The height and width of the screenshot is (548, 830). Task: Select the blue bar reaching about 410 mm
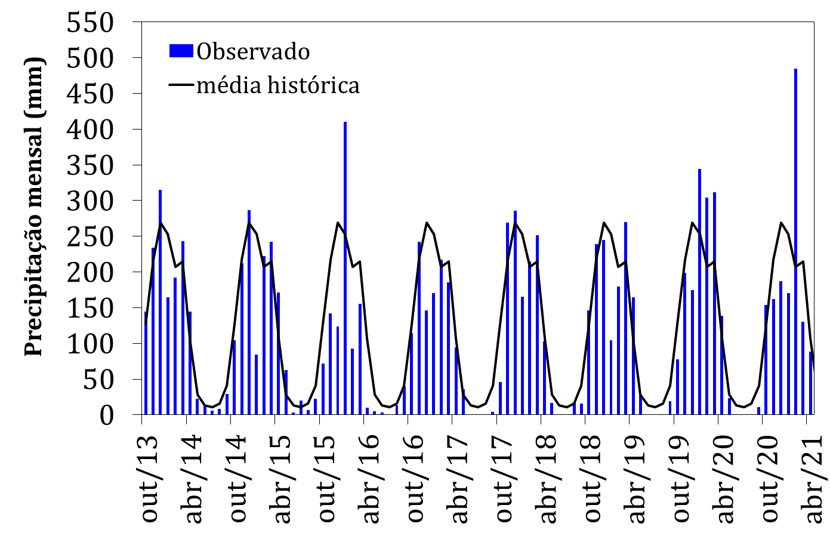[x=345, y=269]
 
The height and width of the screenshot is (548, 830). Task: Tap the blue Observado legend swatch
[x=181, y=51]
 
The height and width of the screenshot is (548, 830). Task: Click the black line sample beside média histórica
[x=181, y=85]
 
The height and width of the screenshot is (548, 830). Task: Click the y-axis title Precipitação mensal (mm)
[x=35, y=206]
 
